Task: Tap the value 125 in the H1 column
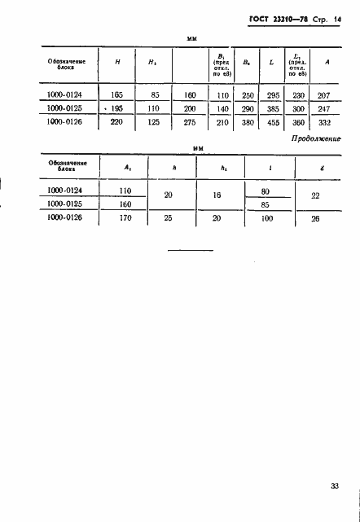click(153, 122)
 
